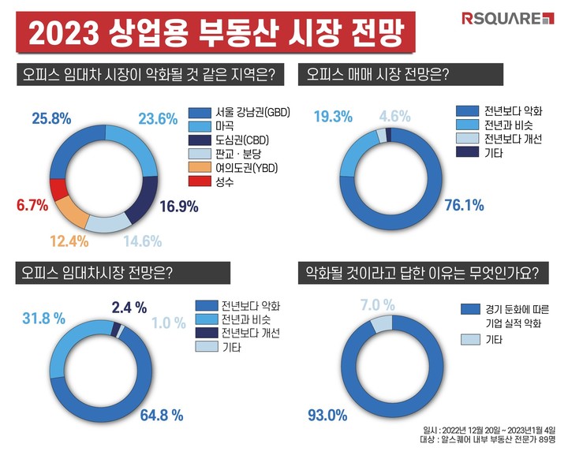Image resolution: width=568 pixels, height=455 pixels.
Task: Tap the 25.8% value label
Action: [x=51, y=118]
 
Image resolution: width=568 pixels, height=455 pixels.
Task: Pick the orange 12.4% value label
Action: [x=63, y=239]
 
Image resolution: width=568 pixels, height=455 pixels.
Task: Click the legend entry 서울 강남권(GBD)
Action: [x=240, y=112]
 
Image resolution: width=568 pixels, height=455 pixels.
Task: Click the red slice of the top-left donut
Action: [x=57, y=190]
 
